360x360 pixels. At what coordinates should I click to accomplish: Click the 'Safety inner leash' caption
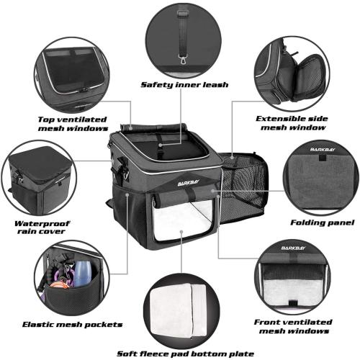[184, 84]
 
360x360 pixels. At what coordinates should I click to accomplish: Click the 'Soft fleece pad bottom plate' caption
[185, 353]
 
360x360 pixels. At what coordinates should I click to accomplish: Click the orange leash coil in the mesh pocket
[63, 296]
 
